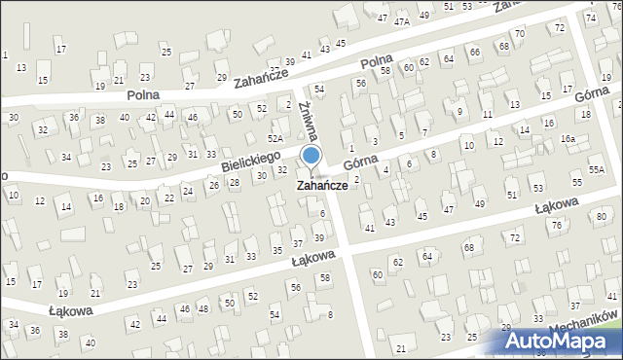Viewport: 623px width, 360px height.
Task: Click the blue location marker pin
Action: point(311,157)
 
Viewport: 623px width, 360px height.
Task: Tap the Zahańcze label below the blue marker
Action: point(321,184)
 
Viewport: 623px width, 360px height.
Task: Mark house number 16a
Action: point(568,139)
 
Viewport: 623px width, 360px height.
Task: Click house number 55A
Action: point(596,169)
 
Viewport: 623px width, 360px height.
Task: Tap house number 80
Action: point(602,216)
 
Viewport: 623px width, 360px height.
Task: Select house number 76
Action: point(557,225)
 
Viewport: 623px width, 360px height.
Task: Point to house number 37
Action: point(298,242)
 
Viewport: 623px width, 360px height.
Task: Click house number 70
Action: point(520,34)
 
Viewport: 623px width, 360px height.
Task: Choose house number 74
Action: point(590,18)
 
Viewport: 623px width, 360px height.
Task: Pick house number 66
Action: point(474,52)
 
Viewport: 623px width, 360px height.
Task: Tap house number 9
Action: point(459,112)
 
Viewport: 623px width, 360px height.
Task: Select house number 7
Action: point(424,130)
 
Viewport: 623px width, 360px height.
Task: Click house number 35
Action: point(277,251)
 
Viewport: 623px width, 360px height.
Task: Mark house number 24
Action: point(188,190)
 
